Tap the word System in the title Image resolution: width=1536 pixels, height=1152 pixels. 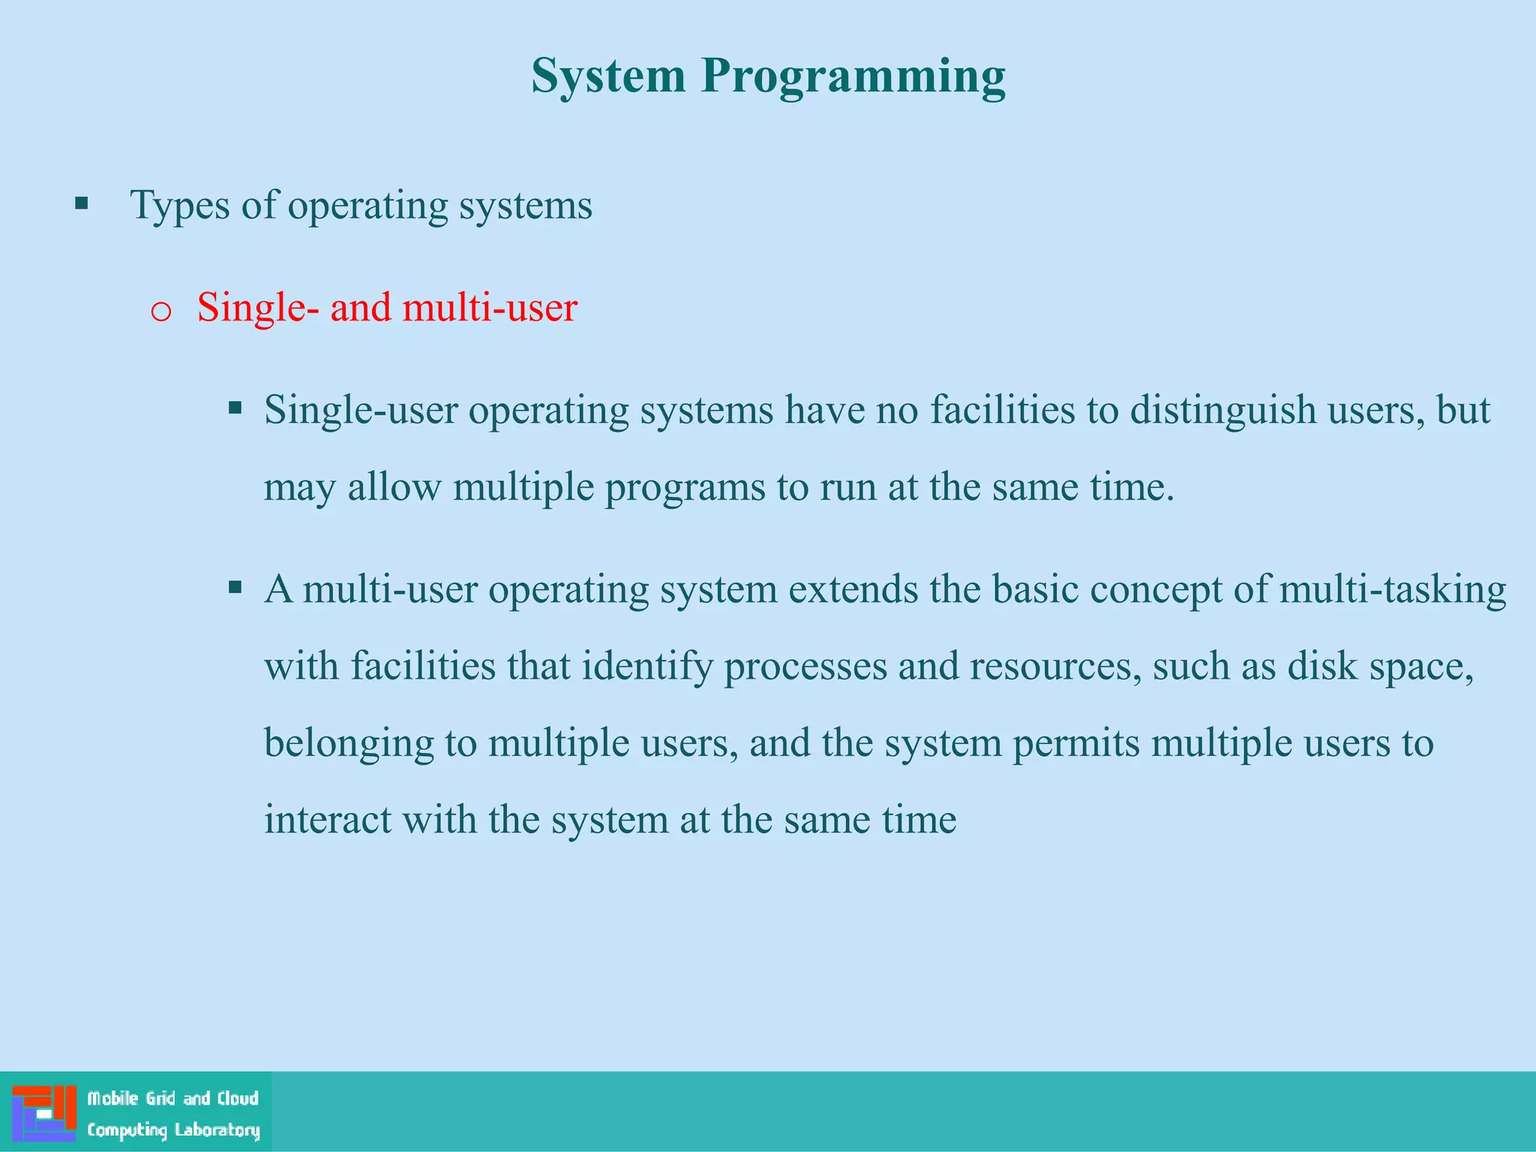(608, 76)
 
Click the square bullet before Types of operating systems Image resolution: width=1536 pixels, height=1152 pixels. (82, 203)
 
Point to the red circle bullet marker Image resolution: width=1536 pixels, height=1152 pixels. (161, 311)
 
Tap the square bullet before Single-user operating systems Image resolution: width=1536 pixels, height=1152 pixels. (235, 408)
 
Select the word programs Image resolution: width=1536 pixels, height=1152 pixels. (685, 487)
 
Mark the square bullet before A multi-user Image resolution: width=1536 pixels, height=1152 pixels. (235, 587)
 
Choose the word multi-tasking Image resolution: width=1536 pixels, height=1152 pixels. (1392, 590)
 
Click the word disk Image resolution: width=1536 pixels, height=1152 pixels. (1322, 666)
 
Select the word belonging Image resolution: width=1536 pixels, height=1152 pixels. (349, 744)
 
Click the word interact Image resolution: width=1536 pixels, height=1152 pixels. (328, 820)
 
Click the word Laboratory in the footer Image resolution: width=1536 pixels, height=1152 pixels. (217, 1129)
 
